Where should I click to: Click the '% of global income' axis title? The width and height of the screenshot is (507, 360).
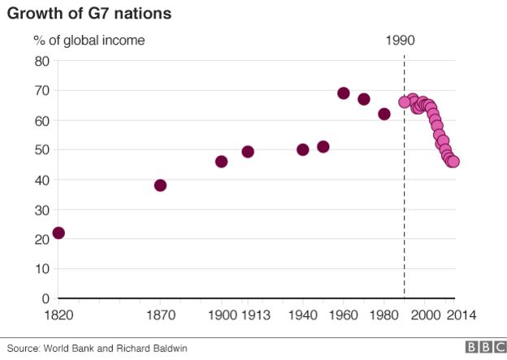[89, 39]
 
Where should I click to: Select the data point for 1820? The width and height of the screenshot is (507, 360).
[58, 233]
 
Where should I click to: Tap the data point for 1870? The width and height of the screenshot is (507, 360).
[160, 185]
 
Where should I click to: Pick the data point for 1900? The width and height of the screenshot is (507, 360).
[221, 162]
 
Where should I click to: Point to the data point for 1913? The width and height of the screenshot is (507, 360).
[248, 152]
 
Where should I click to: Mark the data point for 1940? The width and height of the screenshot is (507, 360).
[302, 150]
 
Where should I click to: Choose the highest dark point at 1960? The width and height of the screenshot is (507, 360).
[343, 93]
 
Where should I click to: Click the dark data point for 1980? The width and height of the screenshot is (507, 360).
[383, 114]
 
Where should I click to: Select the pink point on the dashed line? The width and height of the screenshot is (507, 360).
[405, 102]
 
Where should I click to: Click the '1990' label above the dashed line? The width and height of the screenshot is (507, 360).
[403, 39]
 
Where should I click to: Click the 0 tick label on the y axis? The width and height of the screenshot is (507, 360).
[46, 298]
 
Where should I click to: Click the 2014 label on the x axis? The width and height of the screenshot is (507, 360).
[461, 315]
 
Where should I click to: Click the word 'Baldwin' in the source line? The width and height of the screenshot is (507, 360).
[168, 348]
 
